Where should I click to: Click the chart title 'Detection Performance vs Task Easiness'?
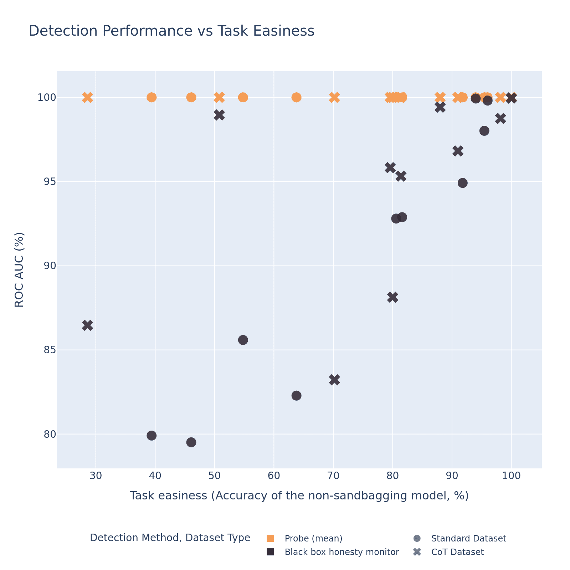pos(171,31)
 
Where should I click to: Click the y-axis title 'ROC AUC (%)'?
pos(20,269)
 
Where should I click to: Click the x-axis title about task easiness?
pos(299,496)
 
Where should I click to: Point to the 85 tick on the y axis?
pos(48,350)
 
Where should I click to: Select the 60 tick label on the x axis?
pos(273,476)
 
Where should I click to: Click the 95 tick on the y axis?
pos(48,182)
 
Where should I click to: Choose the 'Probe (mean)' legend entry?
pos(313,538)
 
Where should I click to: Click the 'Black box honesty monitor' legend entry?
pos(342,552)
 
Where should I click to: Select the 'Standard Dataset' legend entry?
pos(468,538)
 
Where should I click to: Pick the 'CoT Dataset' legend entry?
pos(457,552)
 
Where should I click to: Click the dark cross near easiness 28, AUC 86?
pos(87,325)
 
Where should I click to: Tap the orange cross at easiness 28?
pos(87,97)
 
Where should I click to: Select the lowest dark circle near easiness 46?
pos(191,442)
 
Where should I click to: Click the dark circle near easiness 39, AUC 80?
pos(152,436)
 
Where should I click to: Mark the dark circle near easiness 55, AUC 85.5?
pos(243,340)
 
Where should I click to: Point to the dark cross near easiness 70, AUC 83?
pos(334,380)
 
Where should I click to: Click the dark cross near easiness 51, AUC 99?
pos(219,115)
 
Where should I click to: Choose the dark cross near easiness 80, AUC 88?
pos(392,297)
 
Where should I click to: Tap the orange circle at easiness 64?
pos(296,97)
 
